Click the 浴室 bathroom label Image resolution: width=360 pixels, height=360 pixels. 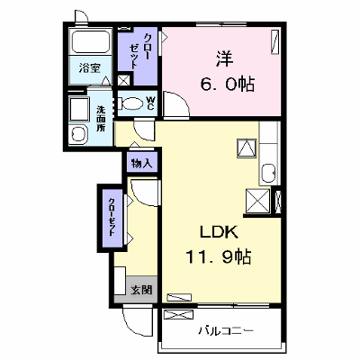(x=90, y=68)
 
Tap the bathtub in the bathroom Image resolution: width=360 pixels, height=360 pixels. (x=90, y=41)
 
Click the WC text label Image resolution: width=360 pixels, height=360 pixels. (x=150, y=103)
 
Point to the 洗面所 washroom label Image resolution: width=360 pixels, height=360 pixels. (x=101, y=119)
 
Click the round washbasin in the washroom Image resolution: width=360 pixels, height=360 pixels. (x=78, y=135)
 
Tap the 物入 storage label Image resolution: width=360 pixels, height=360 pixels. (x=142, y=164)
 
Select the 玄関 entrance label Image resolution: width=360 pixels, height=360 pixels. (x=141, y=290)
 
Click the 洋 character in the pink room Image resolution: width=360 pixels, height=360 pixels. (x=224, y=58)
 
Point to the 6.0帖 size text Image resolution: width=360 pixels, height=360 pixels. (x=228, y=85)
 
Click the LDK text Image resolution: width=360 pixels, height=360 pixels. (x=220, y=232)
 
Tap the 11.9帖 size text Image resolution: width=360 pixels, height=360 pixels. (x=219, y=256)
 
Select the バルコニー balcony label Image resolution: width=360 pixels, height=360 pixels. (x=227, y=331)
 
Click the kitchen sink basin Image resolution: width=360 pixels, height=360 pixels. (x=268, y=172)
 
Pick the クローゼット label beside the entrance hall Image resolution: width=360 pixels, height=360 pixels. (x=112, y=217)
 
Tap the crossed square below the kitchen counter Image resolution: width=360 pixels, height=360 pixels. (x=258, y=201)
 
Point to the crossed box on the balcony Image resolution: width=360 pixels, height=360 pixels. (x=178, y=315)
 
